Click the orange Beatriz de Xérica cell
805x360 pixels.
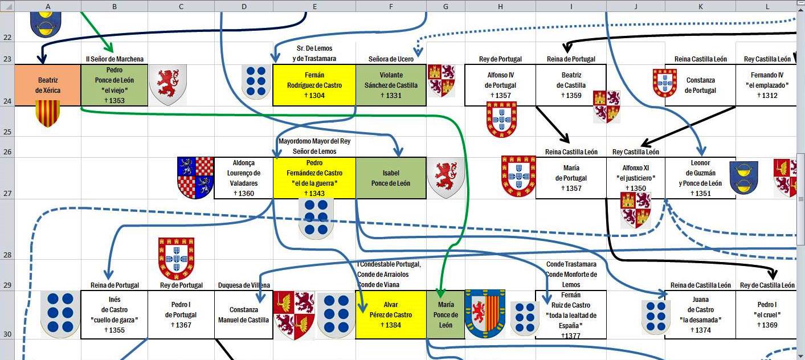point(47,85)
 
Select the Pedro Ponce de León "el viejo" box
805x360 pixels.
point(115,85)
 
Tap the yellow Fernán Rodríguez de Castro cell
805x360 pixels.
point(314,85)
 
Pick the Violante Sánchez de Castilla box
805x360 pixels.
point(391,85)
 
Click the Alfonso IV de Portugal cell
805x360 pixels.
point(500,85)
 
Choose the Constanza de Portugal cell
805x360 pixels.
point(700,85)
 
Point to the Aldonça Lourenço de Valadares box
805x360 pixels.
point(244,178)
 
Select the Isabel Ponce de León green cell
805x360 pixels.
point(391,178)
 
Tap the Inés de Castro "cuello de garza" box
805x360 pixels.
point(115,314)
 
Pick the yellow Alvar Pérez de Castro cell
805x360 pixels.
point(391,314)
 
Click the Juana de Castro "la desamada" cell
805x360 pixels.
point(700,314)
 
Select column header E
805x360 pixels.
point(314,6)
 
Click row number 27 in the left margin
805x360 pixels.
point(7,194)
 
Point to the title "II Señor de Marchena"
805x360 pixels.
point(115,59)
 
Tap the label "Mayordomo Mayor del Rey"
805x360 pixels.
point(314,141)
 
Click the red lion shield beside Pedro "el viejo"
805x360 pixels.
point(168,85)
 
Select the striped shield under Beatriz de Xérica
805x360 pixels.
point(47,113)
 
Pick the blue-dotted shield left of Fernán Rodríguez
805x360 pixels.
point(256,82)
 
